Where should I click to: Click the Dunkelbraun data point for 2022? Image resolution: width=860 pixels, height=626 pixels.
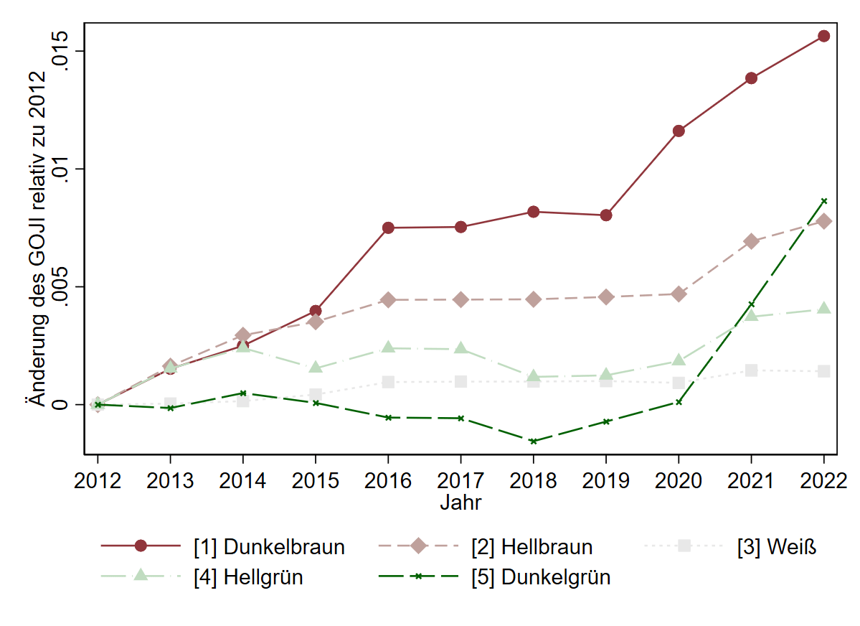823,36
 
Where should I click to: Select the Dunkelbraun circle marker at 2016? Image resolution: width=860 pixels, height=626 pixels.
388,228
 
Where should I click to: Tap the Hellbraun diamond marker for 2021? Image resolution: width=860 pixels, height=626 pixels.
751,241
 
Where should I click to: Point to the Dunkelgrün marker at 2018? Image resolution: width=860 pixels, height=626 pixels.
533,441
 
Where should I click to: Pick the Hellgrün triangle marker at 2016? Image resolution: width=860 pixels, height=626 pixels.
388,347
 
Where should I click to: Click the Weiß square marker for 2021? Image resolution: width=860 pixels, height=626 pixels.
751,370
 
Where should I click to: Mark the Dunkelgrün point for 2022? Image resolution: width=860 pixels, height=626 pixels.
823,201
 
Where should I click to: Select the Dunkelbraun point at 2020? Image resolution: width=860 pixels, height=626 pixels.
679,131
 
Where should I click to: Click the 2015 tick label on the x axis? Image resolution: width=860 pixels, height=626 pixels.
315,480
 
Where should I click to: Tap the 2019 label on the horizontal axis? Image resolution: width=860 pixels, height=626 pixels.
605,480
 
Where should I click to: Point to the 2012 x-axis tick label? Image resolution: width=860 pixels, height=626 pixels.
98,480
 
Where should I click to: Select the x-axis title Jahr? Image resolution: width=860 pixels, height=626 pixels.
460,503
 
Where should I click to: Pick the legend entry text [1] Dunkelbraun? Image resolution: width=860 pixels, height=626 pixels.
269,547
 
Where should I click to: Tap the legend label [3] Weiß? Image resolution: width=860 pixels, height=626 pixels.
777,547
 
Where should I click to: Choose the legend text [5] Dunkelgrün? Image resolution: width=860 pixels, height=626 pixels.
541,576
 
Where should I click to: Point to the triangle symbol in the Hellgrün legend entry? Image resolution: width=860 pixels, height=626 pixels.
141,576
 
